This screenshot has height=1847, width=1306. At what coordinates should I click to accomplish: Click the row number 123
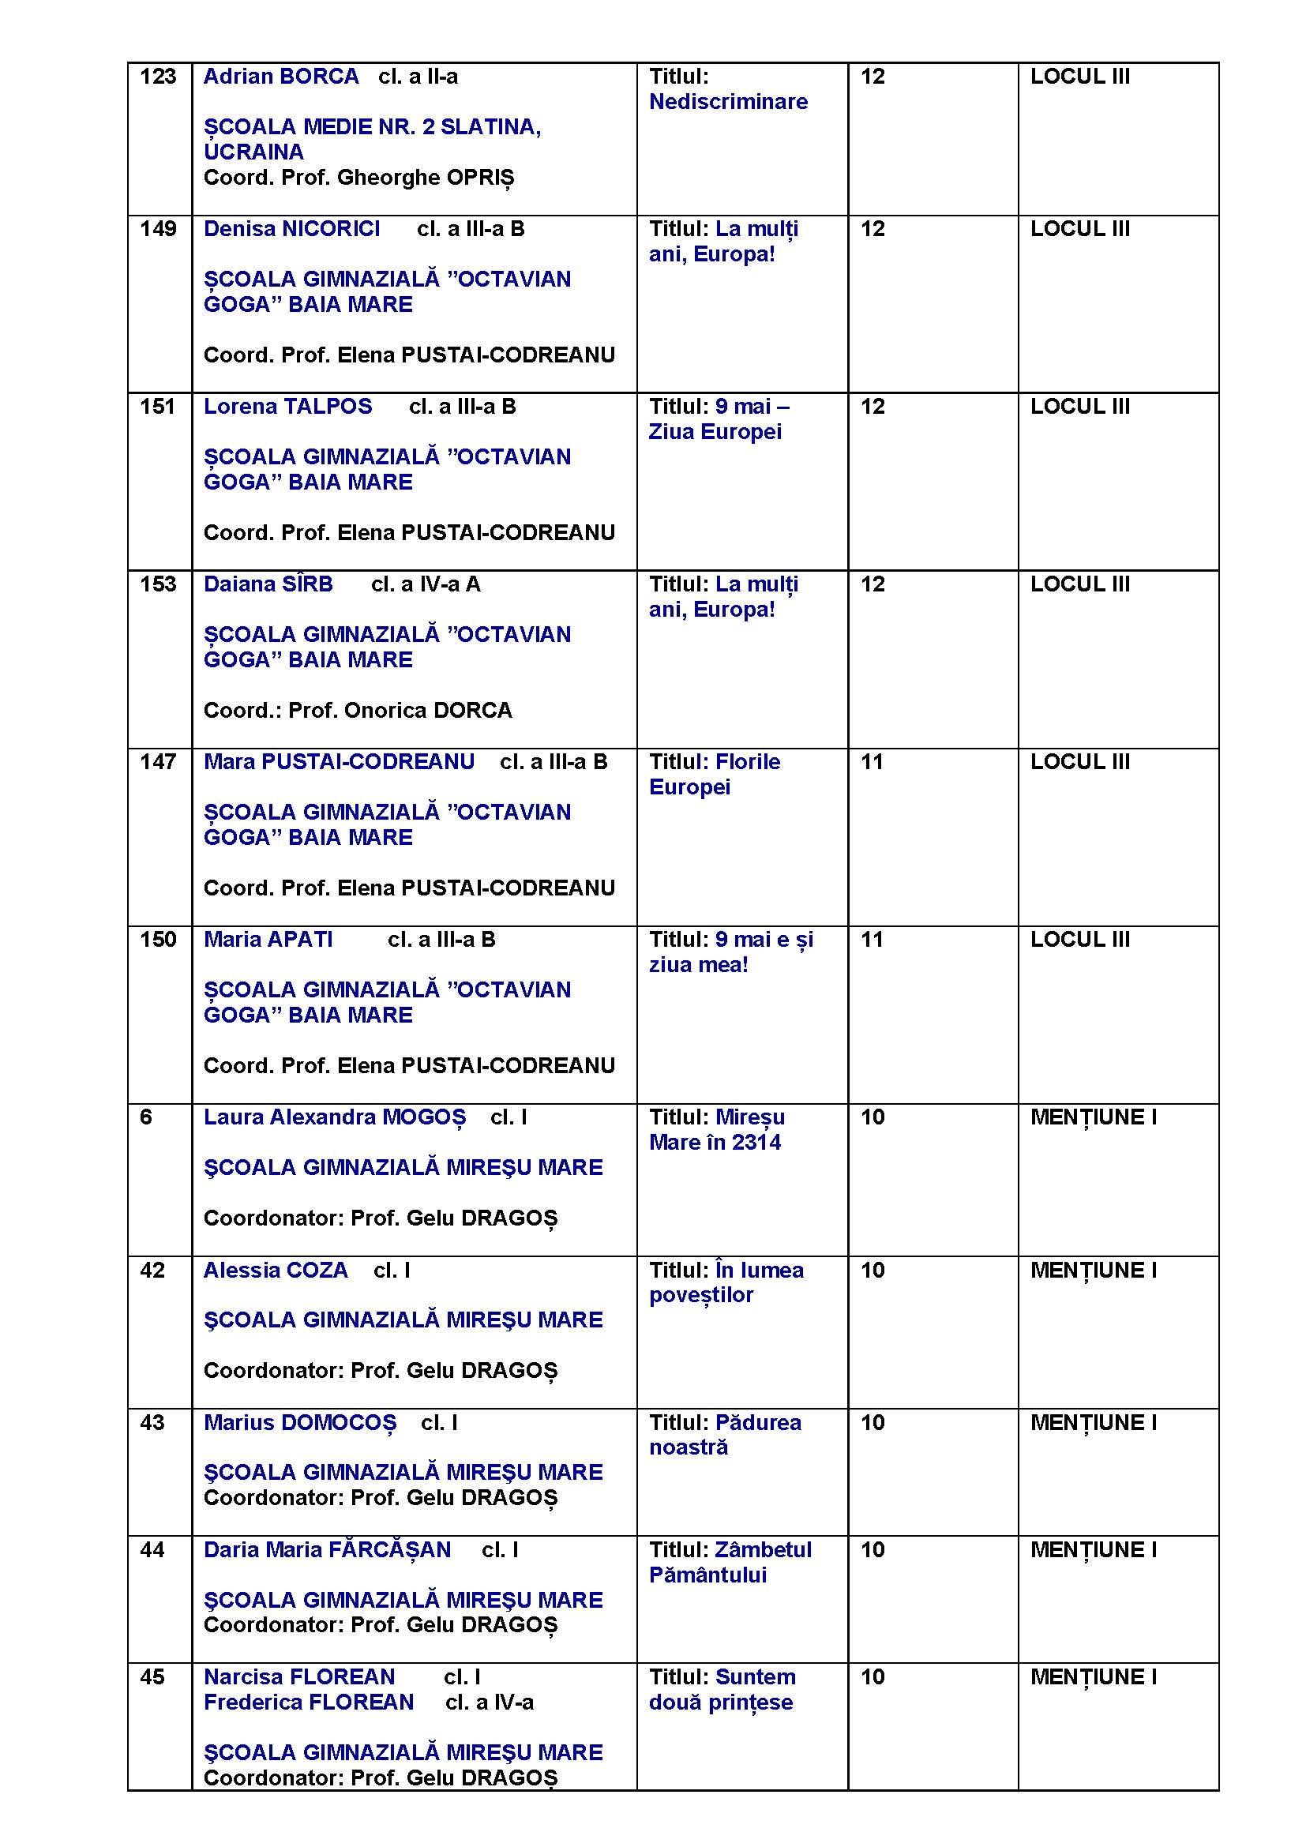[x=158, y=77]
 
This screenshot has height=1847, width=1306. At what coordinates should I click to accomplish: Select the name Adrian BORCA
[x=280, y=77]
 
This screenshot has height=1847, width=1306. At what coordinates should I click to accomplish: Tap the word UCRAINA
[x=253, y=152]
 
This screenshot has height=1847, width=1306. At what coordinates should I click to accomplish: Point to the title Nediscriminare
[x=728, y=102]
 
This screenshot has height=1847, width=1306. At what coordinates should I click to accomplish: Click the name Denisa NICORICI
[x=291, y=229]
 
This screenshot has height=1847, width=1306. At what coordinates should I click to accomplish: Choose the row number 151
[x=158, y=407]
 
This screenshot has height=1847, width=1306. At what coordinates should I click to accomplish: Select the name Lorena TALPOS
[x=287, y=407]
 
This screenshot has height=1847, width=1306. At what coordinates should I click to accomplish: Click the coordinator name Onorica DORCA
[x=428, y=711]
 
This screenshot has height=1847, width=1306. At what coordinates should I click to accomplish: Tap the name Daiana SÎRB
[x=268, y=585]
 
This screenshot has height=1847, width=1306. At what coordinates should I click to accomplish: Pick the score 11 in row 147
[x=872, y=762]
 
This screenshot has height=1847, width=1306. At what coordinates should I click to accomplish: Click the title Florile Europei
[x=714, y=774]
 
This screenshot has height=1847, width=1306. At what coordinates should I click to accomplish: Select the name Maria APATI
[x=268, y=940]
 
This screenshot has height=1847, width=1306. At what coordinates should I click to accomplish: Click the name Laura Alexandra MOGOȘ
[x=335, y=1117]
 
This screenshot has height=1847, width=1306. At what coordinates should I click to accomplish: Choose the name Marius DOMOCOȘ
[x=300, y=1422]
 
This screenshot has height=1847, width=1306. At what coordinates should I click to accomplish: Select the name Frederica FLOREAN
[x=309, y=1702]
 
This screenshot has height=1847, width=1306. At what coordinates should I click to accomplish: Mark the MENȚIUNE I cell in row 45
[x=1093, y=1677]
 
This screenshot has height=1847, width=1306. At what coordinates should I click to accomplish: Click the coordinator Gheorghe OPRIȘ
[x=426, y=178]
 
